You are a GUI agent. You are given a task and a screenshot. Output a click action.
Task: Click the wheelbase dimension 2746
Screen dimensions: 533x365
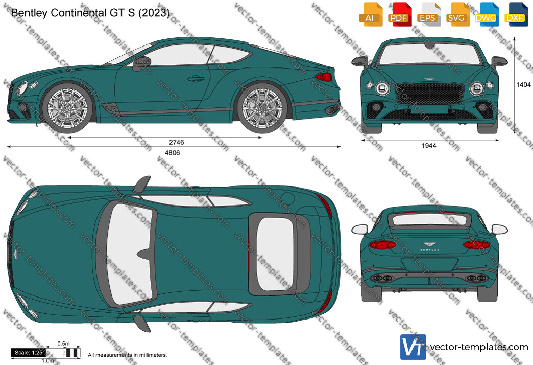pyautogui.click(x=177, y=142)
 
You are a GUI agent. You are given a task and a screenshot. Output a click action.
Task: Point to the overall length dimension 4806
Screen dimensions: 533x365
pyautogui.click(x=173, y=153)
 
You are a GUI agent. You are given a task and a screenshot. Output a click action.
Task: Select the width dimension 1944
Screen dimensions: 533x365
pyautogui.click(x=429, y=146)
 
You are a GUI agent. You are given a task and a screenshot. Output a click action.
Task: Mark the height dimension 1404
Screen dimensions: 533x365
pyautogui.click(x=523, y=85)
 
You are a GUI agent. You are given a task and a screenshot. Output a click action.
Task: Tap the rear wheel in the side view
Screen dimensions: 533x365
pyautogui.click(x=262, y=107)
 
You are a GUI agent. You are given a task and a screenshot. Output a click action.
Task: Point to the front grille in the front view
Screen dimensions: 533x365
pyautogui.click(x=429, y=94)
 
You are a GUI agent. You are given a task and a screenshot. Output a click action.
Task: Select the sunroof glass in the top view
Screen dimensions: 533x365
pyautogui.click(x=275, y=254)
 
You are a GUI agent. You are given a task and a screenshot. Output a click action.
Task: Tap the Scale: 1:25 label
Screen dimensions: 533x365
pyautogui.click(x=29, y=353)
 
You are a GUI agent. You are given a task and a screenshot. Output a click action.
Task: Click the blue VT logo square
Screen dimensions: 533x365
pyautogui.click(x=413, y=347)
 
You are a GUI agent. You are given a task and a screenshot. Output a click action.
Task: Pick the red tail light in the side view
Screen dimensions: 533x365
pyautogui.click(x=324, y=77)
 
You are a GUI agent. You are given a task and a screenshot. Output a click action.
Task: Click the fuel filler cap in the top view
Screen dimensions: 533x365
pyautogui.click(x=288, y=199)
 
